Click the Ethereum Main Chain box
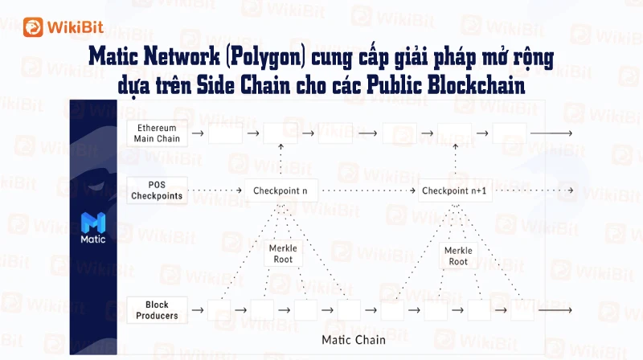click(157, 133)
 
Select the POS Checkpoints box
click(157, 190)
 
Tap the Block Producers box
click(157, 310)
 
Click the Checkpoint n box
click(281, 190)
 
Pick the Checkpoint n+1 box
click(455, 190)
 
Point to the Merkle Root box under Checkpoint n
click(284, 253)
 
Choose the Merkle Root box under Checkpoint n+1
click(458, 256)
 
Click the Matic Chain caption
click(354, 340)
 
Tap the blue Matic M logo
click(93, 223)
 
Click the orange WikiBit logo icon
click(33, 27)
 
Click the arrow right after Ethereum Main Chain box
click(198, 133)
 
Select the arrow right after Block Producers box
click(198, 310)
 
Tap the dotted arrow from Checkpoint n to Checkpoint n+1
click(369, 190)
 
